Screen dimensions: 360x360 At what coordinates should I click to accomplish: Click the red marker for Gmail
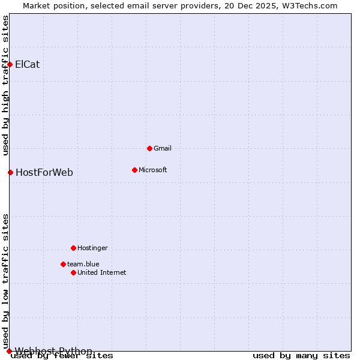point(149,148)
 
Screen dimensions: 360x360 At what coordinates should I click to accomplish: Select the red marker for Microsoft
point(134,170)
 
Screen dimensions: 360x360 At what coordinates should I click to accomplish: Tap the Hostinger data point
point(73,248)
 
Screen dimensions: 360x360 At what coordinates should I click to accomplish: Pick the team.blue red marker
point(63,264)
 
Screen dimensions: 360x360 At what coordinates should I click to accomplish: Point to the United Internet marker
point(73,272)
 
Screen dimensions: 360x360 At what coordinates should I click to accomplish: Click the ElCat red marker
point(10,64)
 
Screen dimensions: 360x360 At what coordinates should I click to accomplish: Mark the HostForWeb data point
point(10,172)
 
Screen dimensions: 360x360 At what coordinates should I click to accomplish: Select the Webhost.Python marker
point(9,351)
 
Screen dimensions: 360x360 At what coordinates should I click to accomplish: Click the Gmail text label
point(163,148)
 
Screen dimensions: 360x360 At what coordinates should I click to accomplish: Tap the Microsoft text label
point(153,170)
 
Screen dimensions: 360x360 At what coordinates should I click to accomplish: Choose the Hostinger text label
point(92,248)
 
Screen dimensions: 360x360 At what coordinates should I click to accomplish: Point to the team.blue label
point(83,264)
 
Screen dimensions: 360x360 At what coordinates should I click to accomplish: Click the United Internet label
point(102,272)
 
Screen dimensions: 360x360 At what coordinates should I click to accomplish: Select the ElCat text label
point(28,64)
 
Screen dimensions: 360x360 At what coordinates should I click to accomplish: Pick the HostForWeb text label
point(44,173)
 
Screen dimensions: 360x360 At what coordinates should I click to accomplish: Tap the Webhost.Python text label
point(54,351)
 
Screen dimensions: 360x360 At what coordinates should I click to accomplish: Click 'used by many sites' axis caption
point(301,356)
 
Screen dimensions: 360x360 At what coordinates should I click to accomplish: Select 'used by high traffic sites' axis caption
point(6,85)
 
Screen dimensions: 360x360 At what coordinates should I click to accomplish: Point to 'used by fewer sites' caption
point(62,356)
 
